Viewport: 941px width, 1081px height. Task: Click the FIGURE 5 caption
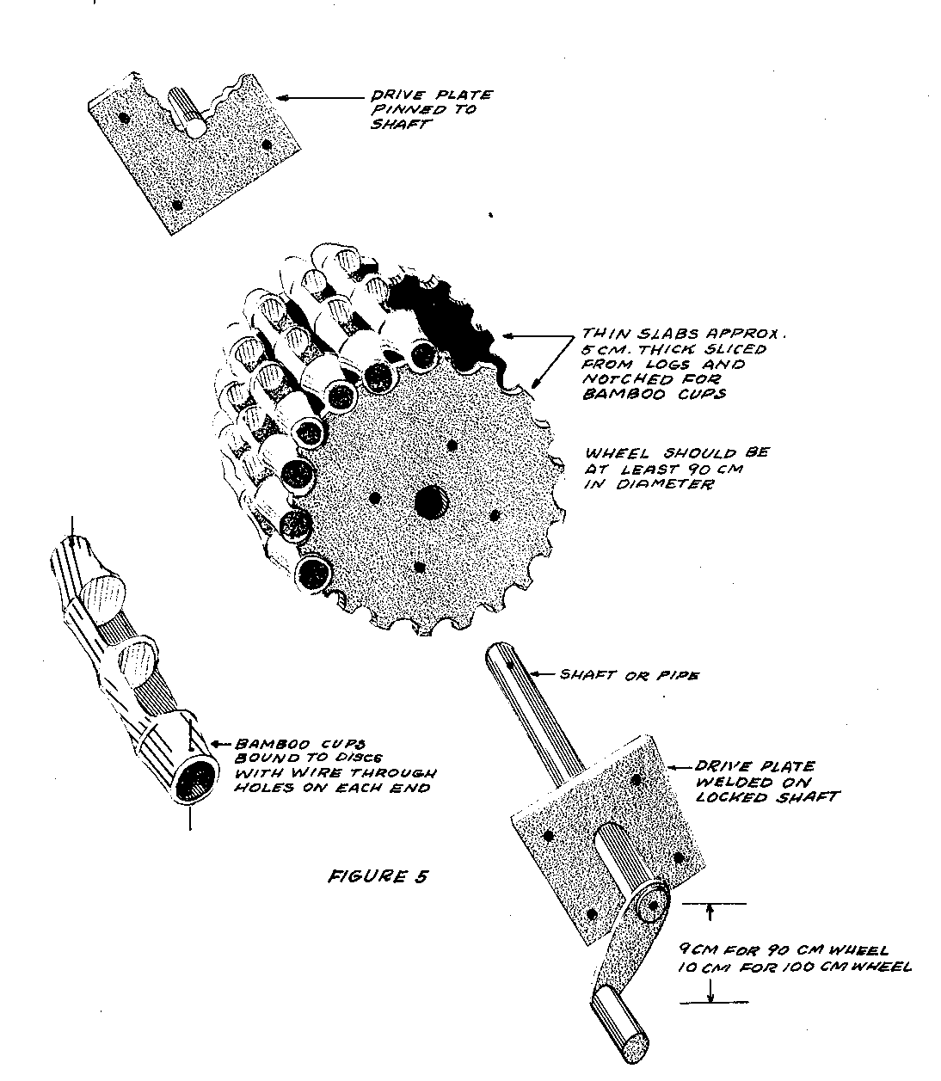378,877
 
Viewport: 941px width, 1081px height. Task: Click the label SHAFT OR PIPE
629,675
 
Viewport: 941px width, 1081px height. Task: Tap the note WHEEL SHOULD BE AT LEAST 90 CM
676,468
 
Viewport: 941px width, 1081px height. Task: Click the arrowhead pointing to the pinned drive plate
282,98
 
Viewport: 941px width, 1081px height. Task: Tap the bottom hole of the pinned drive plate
178,205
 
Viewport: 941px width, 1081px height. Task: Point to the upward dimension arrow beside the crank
710,910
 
